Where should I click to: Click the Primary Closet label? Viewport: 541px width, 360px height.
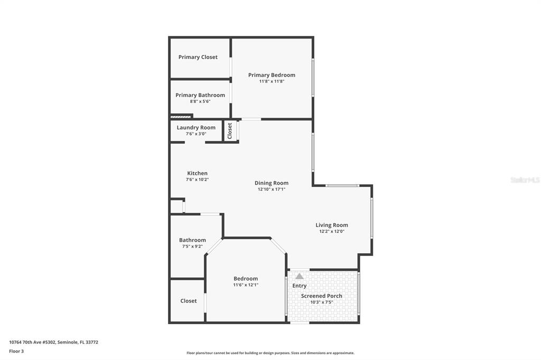point(198,57)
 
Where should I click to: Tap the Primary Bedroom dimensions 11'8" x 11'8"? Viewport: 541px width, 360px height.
point(272,81)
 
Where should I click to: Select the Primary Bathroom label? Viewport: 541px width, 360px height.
point(200,95)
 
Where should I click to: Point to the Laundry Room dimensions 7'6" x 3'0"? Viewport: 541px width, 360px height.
point(196,134)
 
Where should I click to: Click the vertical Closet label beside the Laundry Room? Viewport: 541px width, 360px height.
point(230,131)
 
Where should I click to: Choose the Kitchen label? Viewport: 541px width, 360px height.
point(198,174)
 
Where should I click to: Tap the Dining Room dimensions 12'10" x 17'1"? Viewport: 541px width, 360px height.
point(272,190)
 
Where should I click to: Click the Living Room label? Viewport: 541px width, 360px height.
point(332,225)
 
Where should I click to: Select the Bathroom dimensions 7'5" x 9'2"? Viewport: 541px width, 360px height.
point(192,247)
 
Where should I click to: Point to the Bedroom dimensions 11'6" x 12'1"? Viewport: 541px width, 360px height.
point(246,285)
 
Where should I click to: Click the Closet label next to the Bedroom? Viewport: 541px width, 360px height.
point(189,301)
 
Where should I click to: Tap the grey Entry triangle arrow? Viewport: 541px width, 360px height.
point(300,276)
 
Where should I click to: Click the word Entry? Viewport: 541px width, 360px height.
point(300,286)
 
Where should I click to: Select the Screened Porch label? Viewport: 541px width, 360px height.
point(322,296)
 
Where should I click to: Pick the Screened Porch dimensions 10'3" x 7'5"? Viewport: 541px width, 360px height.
point(322,302)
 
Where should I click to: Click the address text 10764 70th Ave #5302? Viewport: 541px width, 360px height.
point(32,343)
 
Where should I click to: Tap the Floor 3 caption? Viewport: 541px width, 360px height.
point(16,352)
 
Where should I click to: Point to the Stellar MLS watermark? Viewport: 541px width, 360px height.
point(526,180)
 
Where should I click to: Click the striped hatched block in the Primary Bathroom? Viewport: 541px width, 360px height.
point(181,117)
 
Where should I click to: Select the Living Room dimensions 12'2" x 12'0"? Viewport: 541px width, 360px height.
point(332,231)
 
